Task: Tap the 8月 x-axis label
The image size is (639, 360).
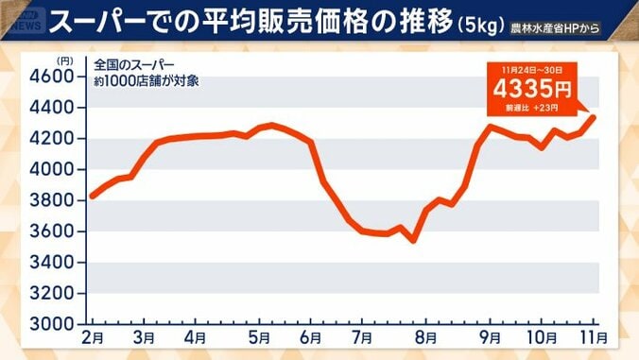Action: (x=424, y=338)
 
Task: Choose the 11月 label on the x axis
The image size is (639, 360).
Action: (x=592, y=338)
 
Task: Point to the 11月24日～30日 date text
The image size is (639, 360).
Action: (x=531, y=69)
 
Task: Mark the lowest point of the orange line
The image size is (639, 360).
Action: (x=413, y=240)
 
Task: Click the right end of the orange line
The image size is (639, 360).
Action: (x=595, y=117)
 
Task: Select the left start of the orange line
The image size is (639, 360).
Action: (x=92, y=197)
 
